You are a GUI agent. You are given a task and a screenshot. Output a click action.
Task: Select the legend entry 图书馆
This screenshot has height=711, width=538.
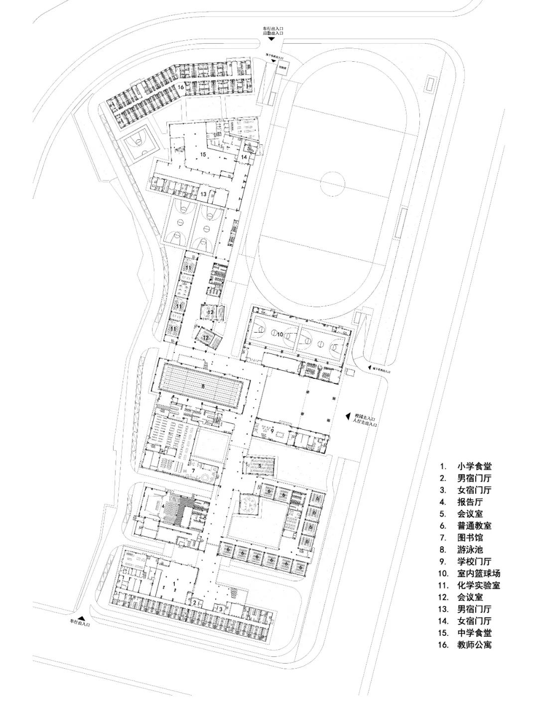pos(470,538)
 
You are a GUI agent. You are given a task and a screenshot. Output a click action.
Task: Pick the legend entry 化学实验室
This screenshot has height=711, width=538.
pos(479,586)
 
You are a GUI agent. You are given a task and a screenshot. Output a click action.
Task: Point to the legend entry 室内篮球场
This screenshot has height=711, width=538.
pos(479,574)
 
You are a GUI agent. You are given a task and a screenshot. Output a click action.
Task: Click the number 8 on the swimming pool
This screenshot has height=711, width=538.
pos(203,386)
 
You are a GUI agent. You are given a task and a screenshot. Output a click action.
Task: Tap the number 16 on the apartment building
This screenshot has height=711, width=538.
pos(180,87)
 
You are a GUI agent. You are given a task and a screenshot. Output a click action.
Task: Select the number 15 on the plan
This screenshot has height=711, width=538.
pos(203,155)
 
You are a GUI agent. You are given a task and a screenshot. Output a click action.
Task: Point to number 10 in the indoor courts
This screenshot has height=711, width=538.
pos(280,334)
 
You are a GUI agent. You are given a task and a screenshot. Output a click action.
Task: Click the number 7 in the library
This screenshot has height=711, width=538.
pos(193,470)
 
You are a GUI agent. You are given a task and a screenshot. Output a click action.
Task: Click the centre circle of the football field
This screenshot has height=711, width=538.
pos(333,183)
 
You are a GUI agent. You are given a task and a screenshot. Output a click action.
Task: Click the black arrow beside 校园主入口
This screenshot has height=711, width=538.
pos(348,416)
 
